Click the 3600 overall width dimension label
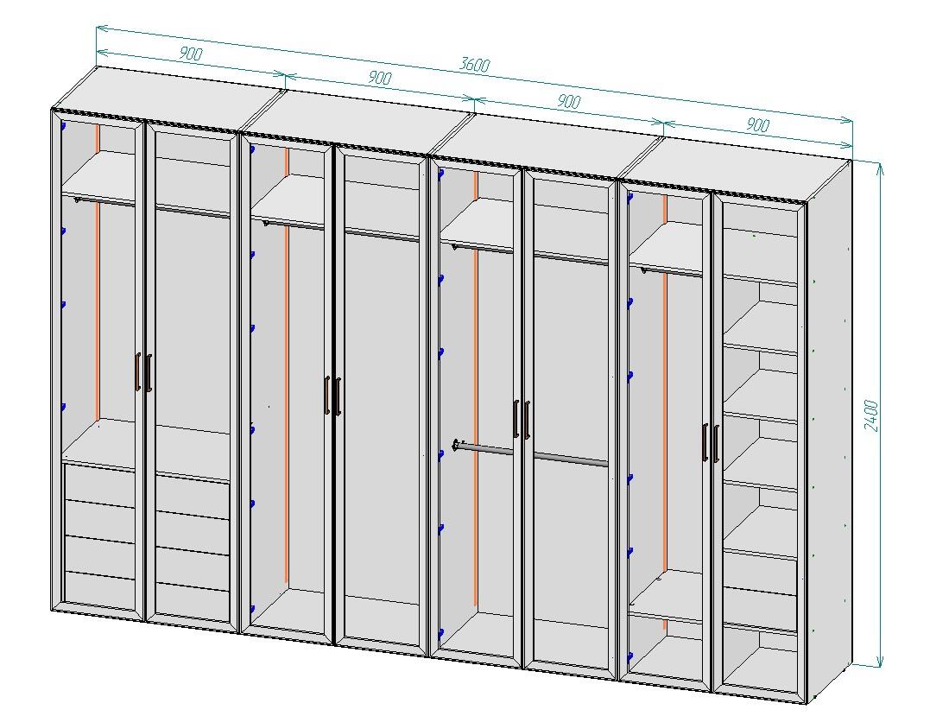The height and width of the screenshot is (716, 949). (x=475, y=64)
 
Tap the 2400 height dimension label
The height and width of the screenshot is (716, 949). (x=871, y=415)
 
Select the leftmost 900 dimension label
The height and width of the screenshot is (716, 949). (x=191, y=54)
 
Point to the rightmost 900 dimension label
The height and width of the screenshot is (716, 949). (x=757, y=124)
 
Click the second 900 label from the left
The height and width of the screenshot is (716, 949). (x=379, y=78)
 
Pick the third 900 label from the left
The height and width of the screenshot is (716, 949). (x=568, y=101)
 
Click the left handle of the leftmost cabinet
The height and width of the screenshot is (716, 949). (x=138, y=371)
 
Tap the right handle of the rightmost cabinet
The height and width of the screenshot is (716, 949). (x=716, y=444)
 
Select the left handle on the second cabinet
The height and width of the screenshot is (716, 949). (x=326, y=396)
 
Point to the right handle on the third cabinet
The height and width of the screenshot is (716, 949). (x=527, y=420)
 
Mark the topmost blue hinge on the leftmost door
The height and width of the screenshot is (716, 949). (x=62, y=126)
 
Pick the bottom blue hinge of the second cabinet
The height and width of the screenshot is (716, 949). (x=252, y=609)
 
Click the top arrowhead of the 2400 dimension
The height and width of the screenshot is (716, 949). (x=880, y=167)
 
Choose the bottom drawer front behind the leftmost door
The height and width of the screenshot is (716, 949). (x=98, y=588)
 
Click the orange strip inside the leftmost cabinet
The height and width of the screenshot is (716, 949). (x=97, y=272)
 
